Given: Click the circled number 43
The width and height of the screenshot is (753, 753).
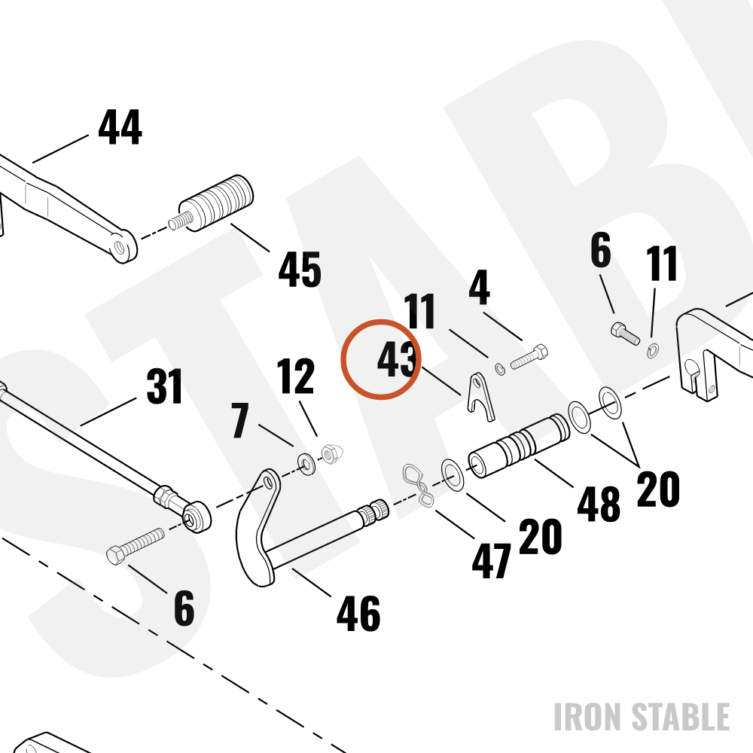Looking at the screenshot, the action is click(396, 359).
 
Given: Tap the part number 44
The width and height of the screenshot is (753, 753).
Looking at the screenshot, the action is click(120, 127).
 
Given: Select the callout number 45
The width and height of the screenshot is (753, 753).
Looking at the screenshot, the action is click(300, 270).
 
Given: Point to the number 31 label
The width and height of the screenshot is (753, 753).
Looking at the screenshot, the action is click(164, 386).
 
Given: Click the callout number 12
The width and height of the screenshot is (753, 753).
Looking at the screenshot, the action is click(295, 376).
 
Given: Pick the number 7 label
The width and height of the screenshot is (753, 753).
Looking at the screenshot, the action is click(240, 421).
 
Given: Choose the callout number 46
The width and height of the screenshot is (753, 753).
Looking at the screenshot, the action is click(358, 613).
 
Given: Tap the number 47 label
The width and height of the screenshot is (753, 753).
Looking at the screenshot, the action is click(491, 560).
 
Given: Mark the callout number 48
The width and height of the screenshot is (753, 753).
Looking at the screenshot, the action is click(599, 504).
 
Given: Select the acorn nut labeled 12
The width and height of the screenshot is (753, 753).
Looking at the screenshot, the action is click(331, 454).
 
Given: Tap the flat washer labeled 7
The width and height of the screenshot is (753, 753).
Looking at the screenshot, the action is click(306, 463).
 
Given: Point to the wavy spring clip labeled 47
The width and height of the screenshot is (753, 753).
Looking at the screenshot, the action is click(418, 485).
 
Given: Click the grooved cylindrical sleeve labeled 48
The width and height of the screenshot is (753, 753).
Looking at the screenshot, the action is click(519, 446).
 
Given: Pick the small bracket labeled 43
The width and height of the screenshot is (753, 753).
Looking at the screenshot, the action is click(480, 397).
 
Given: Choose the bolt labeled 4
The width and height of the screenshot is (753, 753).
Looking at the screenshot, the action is click(529, 356).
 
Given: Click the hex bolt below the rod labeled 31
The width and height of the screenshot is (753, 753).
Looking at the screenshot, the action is click(135, 546).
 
